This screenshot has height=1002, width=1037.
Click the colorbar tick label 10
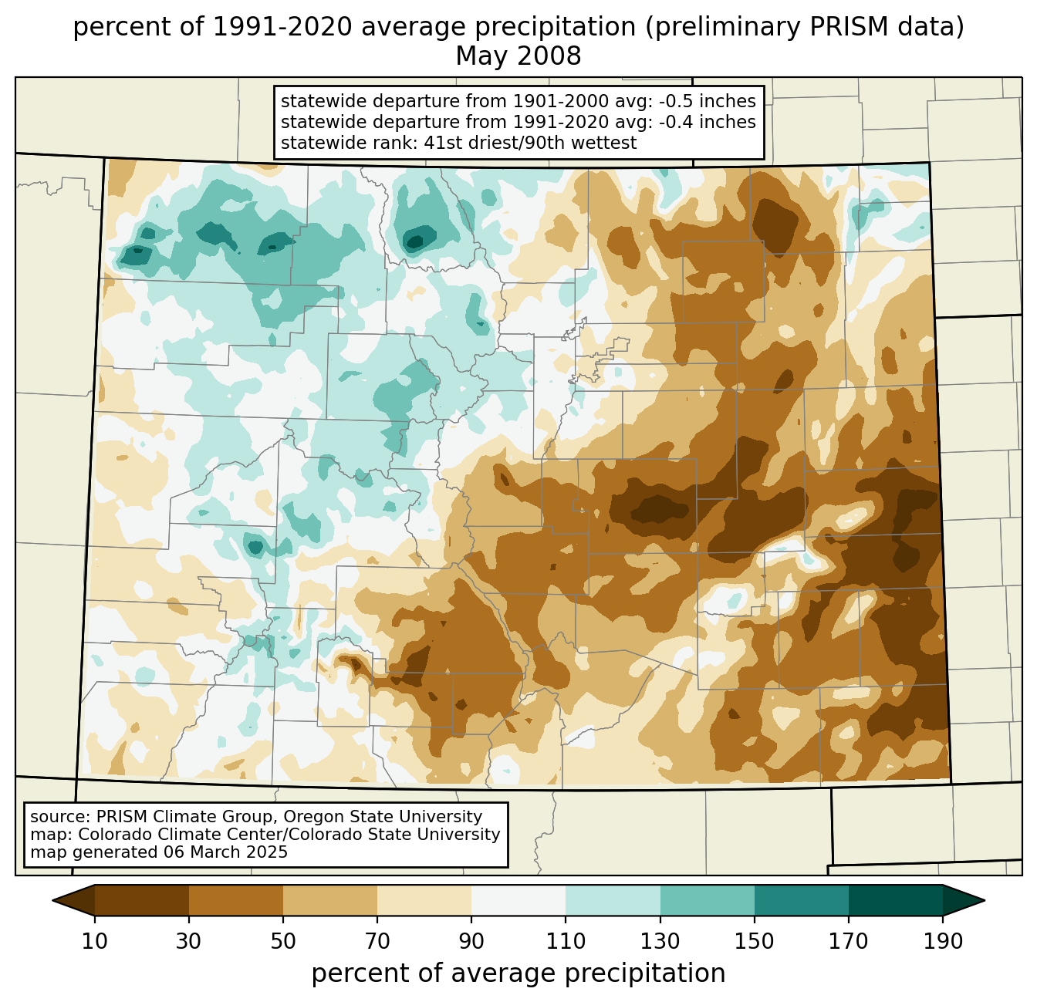[x=94, y=941]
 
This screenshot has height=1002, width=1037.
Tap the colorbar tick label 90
[x=471, y=941]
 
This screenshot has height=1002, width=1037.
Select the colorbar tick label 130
[x=660, y=941]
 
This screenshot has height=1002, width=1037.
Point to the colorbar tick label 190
[x=943, y=941]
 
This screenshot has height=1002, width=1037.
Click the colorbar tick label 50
[x=283, y=941]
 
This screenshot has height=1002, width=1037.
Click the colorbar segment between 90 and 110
[x=518, y=900]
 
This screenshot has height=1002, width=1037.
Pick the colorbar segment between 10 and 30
[x=142, y=900]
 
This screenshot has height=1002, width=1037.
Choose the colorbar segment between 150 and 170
[x=802, y=900]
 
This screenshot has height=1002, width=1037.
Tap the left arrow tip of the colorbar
[x=52, y=900]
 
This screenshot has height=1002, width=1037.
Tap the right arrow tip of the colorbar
[x=985, y=900]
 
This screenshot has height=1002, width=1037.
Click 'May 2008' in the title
[x=518, y=56]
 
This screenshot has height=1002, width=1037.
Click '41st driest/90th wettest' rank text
[x=530, y=143]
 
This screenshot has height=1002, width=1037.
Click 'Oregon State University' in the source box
[x=383, y=817]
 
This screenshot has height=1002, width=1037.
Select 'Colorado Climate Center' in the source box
[x=177, y=834]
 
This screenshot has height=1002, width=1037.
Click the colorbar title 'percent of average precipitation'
[x=518, y=973]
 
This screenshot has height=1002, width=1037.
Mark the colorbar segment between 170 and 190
[x=896, y=900]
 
